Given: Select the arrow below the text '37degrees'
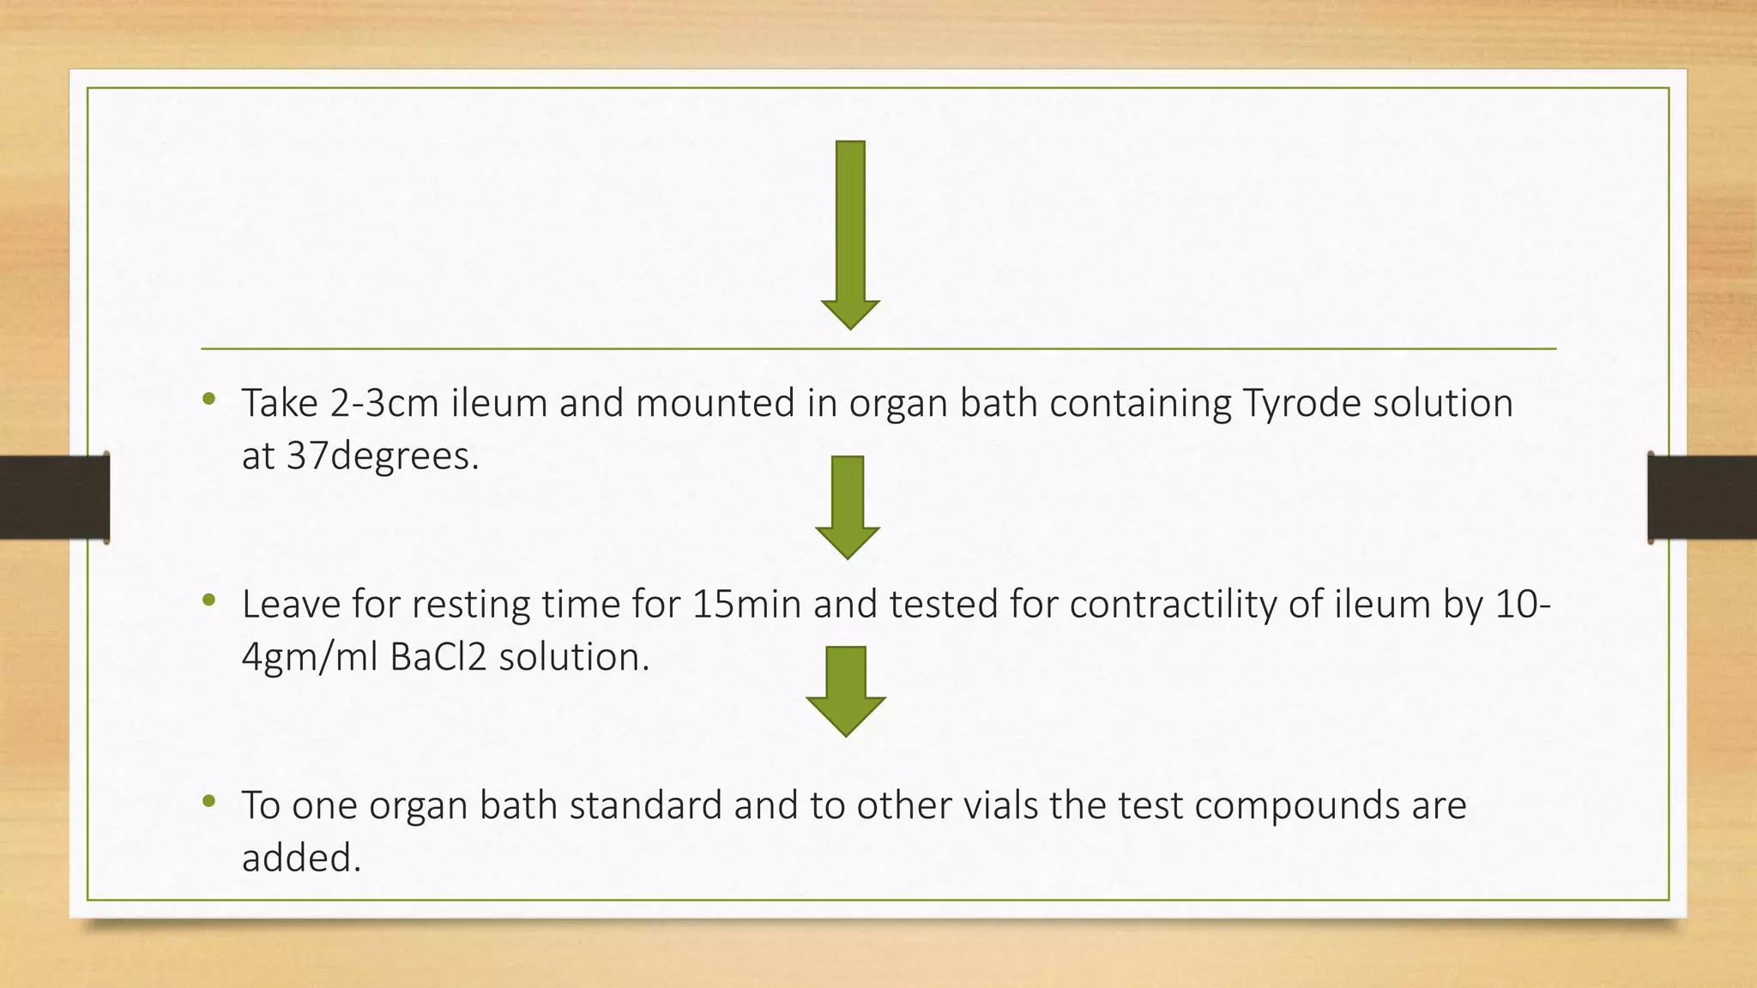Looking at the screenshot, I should [x=848, y=506].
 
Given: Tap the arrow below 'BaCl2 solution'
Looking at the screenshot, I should [x=846, y=690].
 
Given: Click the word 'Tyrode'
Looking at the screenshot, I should [x=1301, y=403].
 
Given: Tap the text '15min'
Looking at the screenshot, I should [x=746, y=605].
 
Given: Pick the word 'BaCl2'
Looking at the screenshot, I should [x=438, y=658].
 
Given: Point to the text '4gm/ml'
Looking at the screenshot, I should [x=310, y=658].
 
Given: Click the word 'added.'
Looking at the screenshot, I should [x=301, y=858].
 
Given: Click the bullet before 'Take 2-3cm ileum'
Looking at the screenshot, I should [x=208, y=398].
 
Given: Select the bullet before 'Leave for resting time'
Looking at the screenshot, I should [x=208, y=599].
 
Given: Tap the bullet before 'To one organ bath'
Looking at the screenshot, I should [x=208, y=801].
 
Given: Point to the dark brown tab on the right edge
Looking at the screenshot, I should [x=1702, y=497].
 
